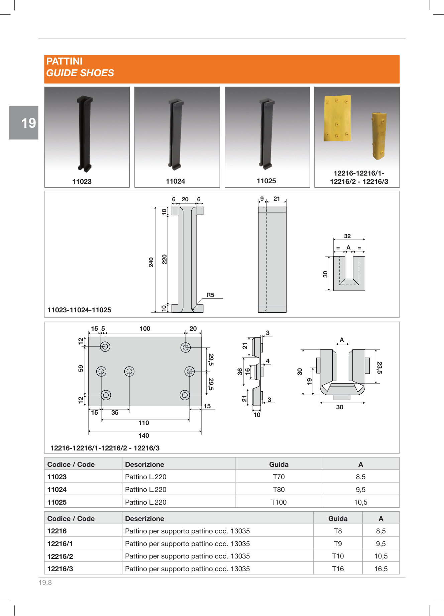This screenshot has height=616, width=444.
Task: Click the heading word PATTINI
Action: pos(64,61)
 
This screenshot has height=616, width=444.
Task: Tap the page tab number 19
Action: pos(28,123)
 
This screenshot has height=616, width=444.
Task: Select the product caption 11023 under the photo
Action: pos(82,182)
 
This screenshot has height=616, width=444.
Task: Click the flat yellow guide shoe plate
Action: pos(337,118)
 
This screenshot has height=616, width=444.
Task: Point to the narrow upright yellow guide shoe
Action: pos(379,136)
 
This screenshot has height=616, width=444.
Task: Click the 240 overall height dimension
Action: pos(151,262)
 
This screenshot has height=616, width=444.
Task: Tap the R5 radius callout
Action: pos(210,295)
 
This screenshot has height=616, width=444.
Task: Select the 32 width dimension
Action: pos(347,236)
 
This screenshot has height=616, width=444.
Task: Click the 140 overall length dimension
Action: pos(144,435)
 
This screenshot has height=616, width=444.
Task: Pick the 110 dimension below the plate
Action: pos(144,423)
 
